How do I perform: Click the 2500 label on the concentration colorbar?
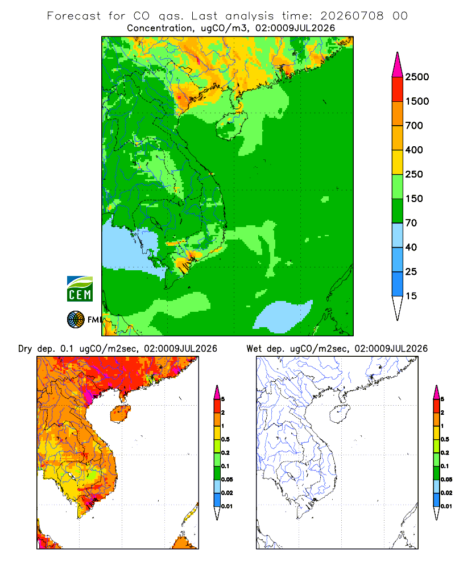pyautogui.click(x=417, y=77)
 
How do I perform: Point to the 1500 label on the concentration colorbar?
pyautogui.click(x=417, y=101)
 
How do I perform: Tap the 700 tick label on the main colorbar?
pyautogui.click(x=414, y=126)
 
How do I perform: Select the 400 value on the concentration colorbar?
pyautogui.click(x=414, y=150)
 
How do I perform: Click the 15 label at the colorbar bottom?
pyautogui.click(x=411, y=296)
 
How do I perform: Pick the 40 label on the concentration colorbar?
pyautogui.click(x=411, y=248)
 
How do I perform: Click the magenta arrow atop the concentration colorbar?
pyautogui.click(x=398, y=65)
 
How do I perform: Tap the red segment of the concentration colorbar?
pyautogui.click(x=398, y=89)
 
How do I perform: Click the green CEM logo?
pyautogui.click(x=80, y=289)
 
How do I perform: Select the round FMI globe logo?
pyautogui.click(x=76, y=320)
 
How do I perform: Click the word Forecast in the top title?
pyautogui.click(x=74, y=16)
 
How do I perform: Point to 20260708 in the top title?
pyautogui.click(x=351, y=16)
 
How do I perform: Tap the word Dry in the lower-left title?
pyautogui.click(x=25, y=349)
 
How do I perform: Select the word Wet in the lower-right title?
pyautogui.click(x=254, y=349)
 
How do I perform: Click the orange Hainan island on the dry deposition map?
pyautogui.click(x=120, y=414)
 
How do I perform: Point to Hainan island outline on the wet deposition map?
pyautogui.click(x=330, y=414)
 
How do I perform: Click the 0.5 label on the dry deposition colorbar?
pyautogui.click(x=225, y=439)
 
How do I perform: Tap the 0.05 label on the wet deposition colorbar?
pyautogui.click(x=446, y=480)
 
